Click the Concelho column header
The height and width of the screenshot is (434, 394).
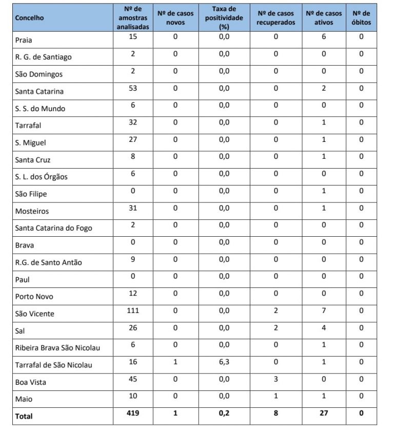click(x=30, y=18)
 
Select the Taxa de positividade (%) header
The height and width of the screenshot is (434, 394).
click(x=224, y=18)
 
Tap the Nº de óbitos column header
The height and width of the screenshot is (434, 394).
click(x=361, y=18)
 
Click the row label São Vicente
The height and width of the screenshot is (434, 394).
click(x=35, y=314)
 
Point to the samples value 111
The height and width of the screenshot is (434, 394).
click(x=133, y=311)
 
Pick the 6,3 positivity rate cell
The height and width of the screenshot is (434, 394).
click(x=224, y=362)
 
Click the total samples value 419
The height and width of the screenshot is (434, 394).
click(x=133, y=413)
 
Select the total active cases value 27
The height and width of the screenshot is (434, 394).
click(x=324, y=413)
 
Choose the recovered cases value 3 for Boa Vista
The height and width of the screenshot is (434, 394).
click(x=275, y=379)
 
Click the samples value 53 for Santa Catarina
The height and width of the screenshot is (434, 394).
click(x=133, y=88)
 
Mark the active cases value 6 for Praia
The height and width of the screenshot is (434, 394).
click(x=324, y=36)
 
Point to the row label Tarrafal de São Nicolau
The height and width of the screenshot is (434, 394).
click(x=54, y=365)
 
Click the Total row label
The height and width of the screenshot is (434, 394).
click(x=24, y=416)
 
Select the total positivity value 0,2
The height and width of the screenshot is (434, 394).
click(x=224, y=413)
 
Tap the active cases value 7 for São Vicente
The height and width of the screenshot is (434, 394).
click(x=324, y=311)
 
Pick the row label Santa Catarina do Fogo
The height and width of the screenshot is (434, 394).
click(x=54, y=228)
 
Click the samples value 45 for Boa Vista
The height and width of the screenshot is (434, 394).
click(x=133, y=379)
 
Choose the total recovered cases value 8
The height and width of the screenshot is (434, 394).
click(x=275, y=413)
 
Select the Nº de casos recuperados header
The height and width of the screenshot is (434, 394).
click(x=275, y=18)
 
